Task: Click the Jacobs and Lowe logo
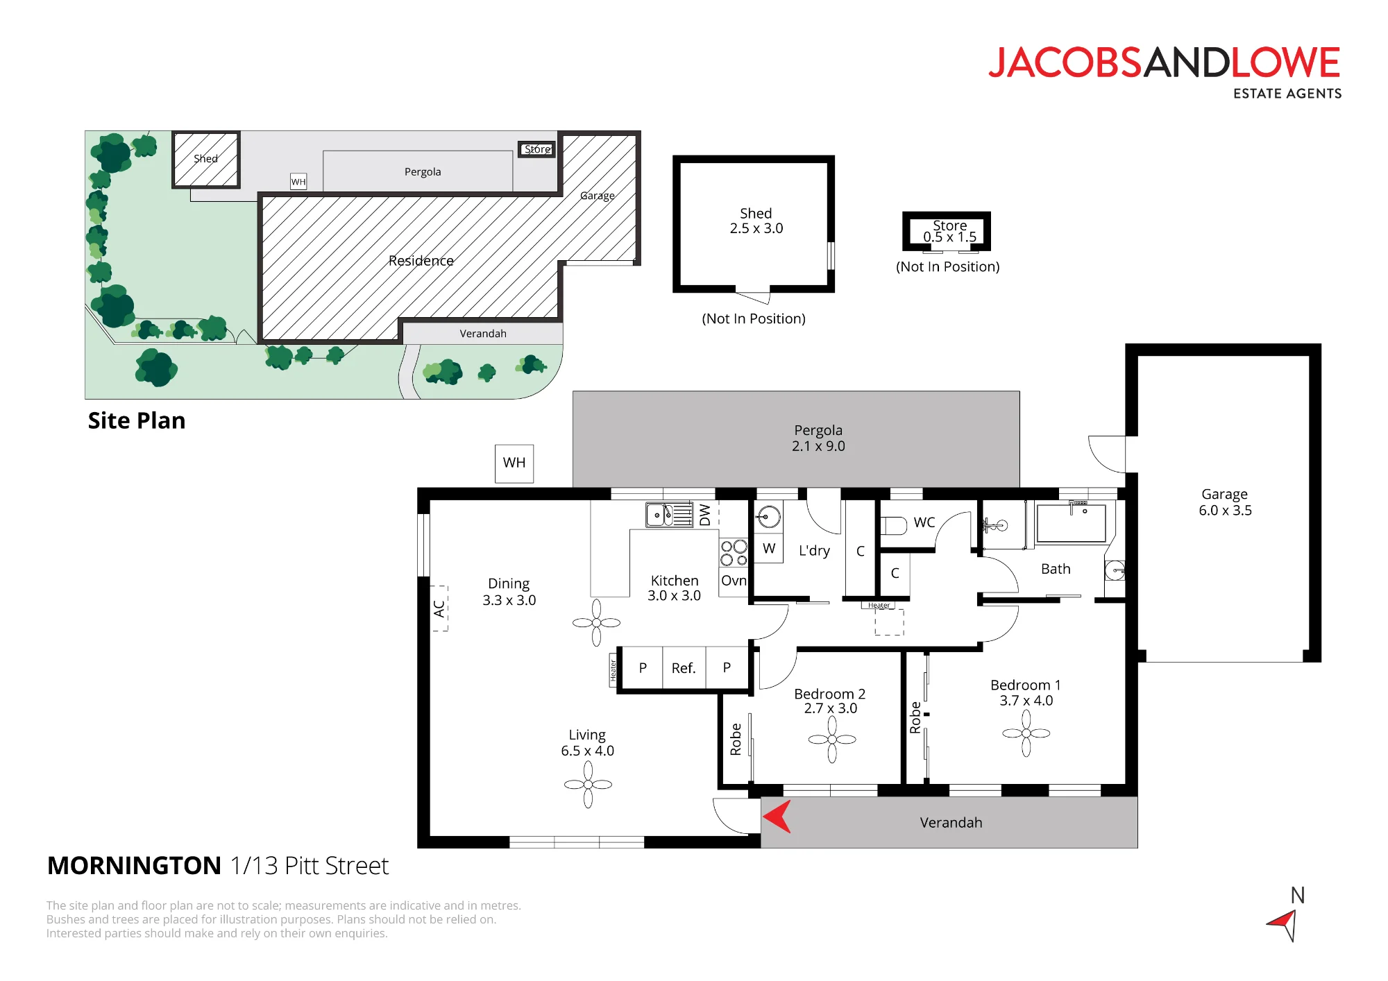pos(1165,72)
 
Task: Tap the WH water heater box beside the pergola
pos(514,463)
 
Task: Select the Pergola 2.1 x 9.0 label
pos(819,438)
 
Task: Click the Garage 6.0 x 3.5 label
pos(1225,502)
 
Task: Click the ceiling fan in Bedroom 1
pos(1026,733)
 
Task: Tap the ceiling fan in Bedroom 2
pos(832,740)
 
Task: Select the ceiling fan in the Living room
pos(589,785)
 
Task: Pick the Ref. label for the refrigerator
pos(684,668)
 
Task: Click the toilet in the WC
pos(894,526)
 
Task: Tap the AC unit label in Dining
pos(439,608)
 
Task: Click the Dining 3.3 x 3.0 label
pos(509,592)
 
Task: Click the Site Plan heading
pos(137,421)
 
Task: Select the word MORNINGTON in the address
pos(134,866)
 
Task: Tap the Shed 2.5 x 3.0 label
pos(756,221)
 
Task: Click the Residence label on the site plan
pos(421,261)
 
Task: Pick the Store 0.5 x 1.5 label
pos(950,231)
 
